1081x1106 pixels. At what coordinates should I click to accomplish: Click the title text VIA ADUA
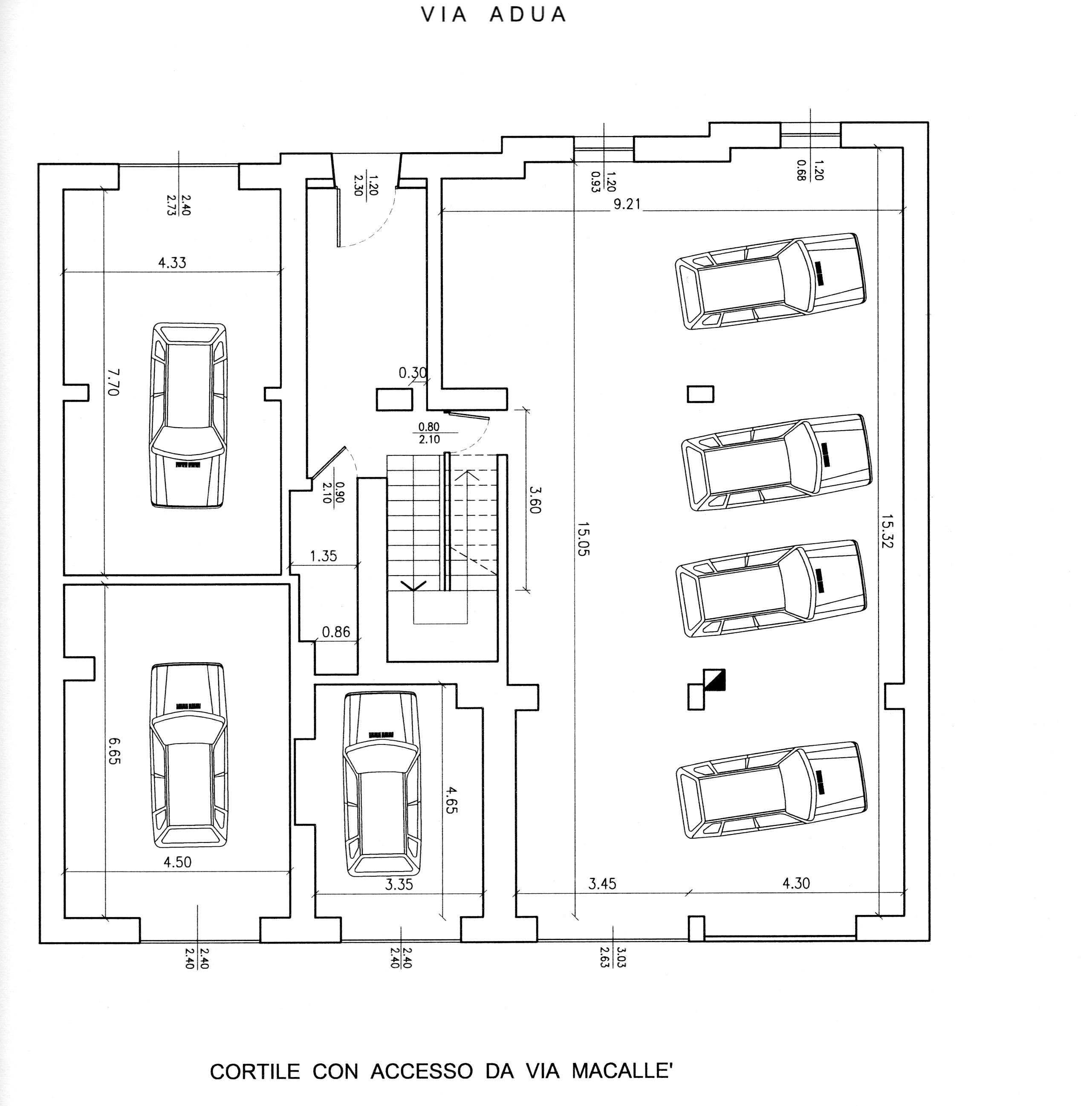point(493,15)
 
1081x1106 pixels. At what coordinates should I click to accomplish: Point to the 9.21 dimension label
point(627,204)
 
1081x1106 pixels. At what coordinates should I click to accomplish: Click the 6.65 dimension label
point(114,750)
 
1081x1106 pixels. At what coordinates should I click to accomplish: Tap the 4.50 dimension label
point(177,862)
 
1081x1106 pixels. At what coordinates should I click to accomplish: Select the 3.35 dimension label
point(399,884)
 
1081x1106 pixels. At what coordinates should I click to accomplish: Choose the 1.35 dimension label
point(323,556)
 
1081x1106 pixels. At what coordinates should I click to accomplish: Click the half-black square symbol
point(714,680)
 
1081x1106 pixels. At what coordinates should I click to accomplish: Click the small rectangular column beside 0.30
point(394,399)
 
